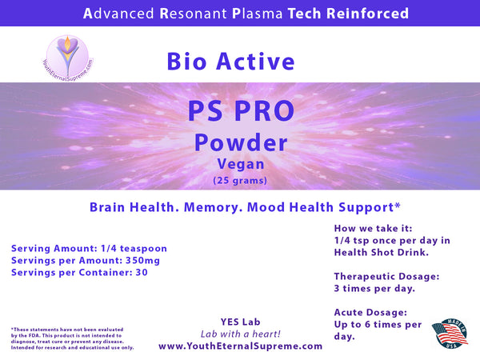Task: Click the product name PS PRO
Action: coord(239,112)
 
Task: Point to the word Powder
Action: coord(240,142)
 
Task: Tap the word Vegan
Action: coord(240,164)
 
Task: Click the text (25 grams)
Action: coord(240,180)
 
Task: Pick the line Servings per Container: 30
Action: coord(80,272)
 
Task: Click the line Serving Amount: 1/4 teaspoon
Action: coord(89,248)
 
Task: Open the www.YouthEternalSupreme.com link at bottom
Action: coord(241,346)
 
